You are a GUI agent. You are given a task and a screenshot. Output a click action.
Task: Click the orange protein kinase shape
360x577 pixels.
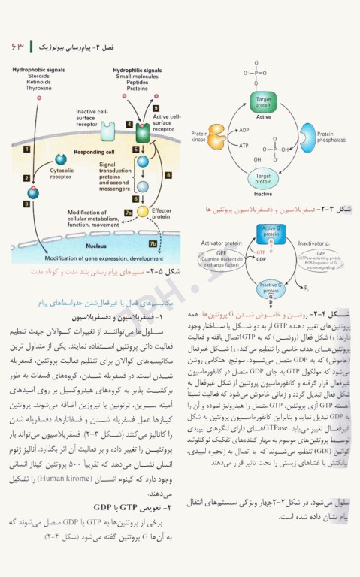216,136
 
